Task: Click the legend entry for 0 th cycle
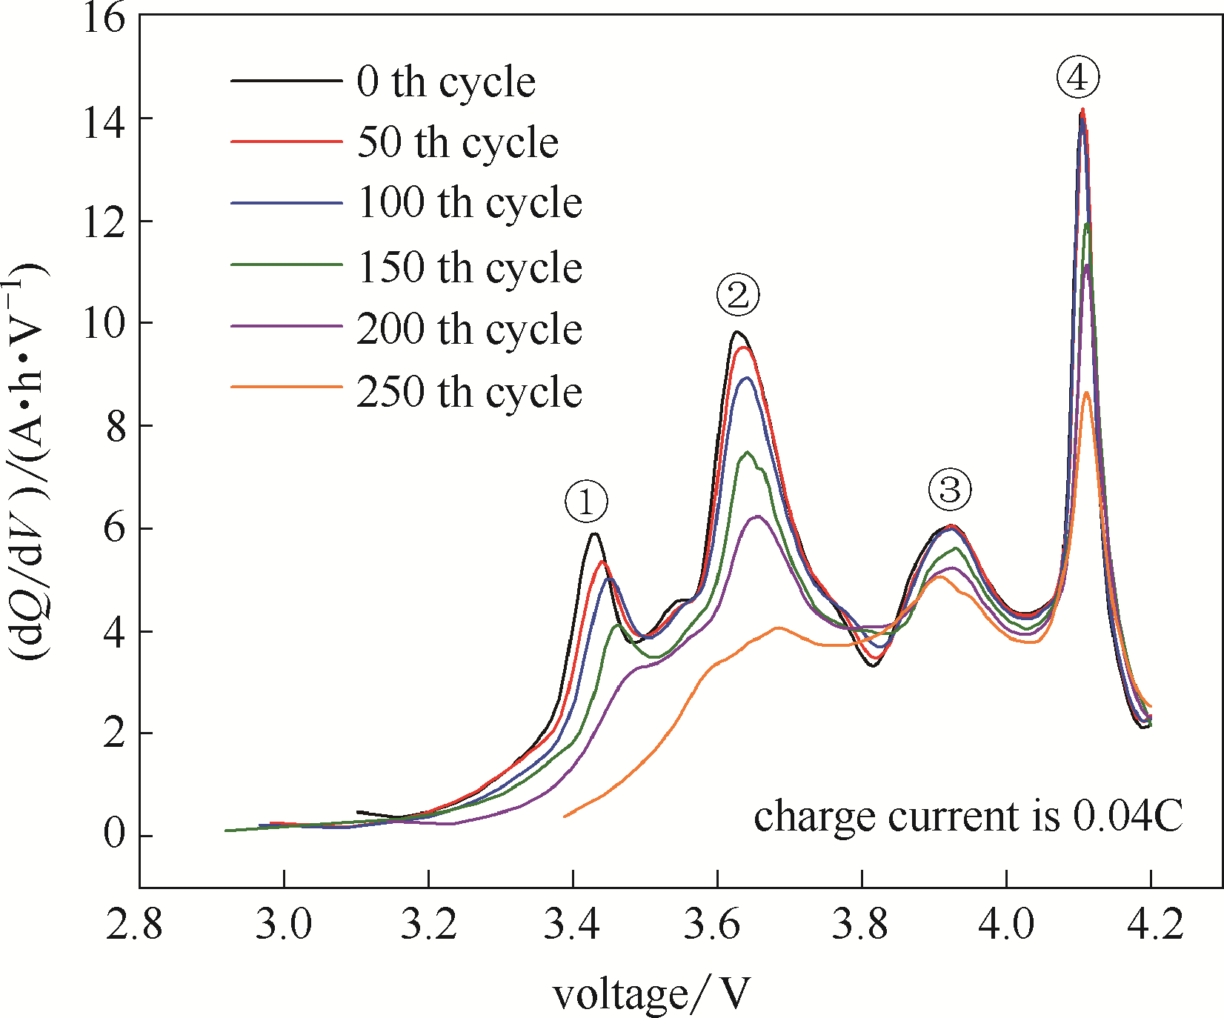445,81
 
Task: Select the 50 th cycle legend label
457,143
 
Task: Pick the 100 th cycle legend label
469,204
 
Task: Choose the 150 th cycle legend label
469,267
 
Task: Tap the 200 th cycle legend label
469,329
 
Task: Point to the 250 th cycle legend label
469,392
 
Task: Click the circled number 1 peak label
586,503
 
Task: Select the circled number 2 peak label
738,295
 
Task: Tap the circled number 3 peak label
949,489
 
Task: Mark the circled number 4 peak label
1078,77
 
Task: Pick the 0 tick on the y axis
114,835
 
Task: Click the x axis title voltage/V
651,994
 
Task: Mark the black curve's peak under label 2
736,332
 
